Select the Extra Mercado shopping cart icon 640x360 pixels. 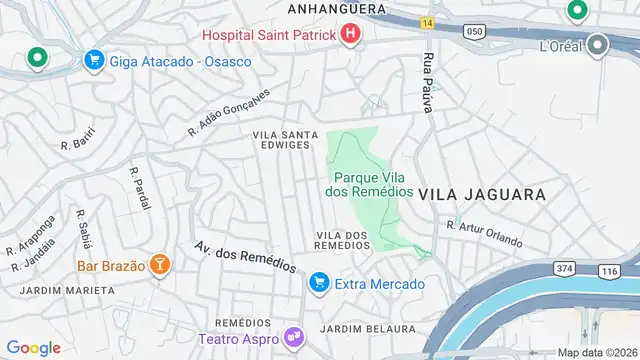(x=319, y=284)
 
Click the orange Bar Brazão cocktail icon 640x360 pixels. (x=158, y=266)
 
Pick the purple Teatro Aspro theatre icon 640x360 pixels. (x=293, y=338)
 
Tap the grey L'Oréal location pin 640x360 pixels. (x=598, y=46)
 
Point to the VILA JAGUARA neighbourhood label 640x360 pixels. (x=482, y=194)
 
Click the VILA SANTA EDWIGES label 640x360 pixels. (x=285, y=139)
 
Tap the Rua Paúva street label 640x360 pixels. (x=429, y=80)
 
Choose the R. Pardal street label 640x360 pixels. (x=139, y=187)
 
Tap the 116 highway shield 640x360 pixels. (x=611, y=271)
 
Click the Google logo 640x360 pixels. (x=34, y=347)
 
